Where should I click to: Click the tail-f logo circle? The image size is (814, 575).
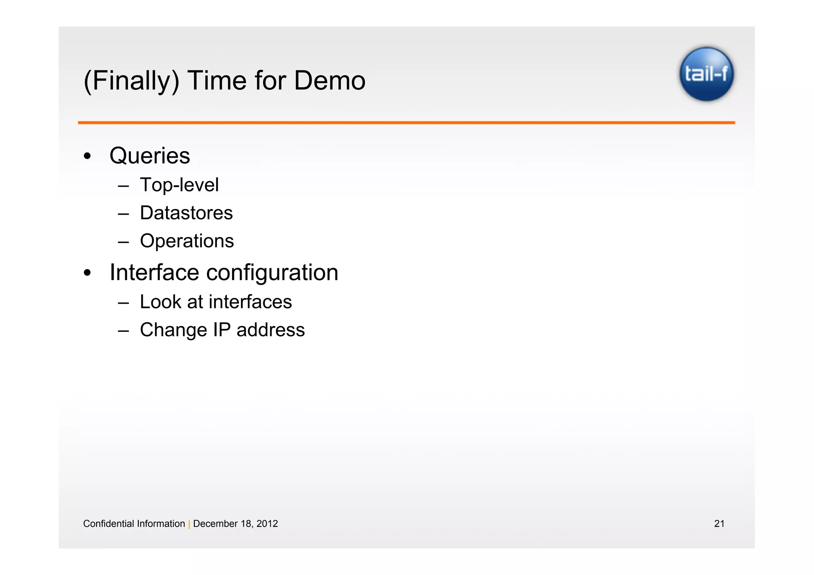(x=706, y=74)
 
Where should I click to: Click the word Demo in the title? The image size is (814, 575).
(x=329, y=81)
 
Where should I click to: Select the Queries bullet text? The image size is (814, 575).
(x=149, y=155)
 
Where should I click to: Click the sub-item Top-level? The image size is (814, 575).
(x=179, y=185)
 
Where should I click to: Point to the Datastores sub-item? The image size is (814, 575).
(x=186, y=213)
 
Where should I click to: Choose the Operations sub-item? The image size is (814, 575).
(x=187, y=241)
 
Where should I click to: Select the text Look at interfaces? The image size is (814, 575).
(x=215, y=302)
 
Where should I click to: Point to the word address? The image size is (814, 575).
(x=270, y=330)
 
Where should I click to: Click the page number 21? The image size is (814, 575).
(x=719, y=524)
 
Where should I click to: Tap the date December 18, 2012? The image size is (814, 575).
(x=235, y=524)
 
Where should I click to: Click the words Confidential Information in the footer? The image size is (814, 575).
(x=134, y=524)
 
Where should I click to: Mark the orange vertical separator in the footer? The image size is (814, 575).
(x=189, y=524)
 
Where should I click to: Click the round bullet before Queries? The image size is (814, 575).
(x=87, y=156)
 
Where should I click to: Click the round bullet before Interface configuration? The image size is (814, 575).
(x=87, y=273)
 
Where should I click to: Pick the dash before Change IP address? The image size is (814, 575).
(x=123, y=331)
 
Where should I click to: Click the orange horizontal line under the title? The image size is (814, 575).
(x=406, y=123)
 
